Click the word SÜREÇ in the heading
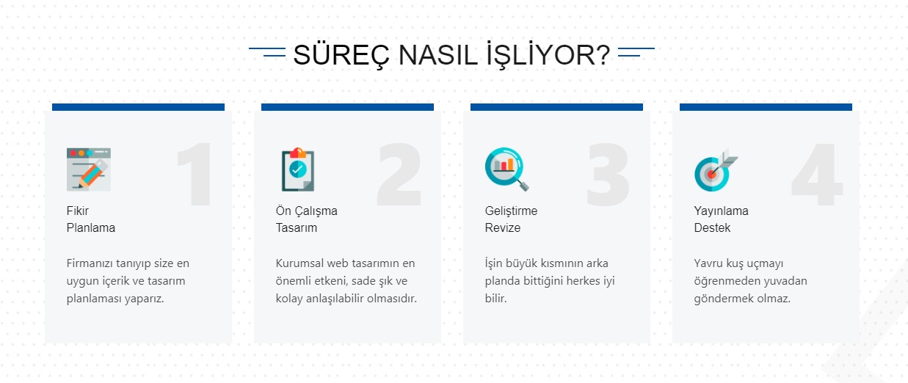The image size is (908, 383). click(341, 56)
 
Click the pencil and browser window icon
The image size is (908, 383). click(88, 169)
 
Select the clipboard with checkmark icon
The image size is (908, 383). click(298, 169)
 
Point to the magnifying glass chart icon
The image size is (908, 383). click(506, 169)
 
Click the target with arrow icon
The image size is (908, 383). click(716, 169)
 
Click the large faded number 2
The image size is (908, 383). click(399, 175)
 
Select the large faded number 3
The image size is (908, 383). click(608, 175)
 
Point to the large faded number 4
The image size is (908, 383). click(817, 175)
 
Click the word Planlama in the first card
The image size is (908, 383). click(91, 227)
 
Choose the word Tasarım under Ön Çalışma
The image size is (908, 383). click(297, 227)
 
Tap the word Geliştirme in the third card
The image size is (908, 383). click(511, 211)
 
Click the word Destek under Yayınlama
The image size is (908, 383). click(712, 227)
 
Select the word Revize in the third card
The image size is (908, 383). click(503, 227)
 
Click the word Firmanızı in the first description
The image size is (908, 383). click(90, 263)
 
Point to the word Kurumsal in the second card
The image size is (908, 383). click(299, 263)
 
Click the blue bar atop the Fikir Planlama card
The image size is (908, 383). click(138, 107)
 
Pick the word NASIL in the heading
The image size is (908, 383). click(437, 55)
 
